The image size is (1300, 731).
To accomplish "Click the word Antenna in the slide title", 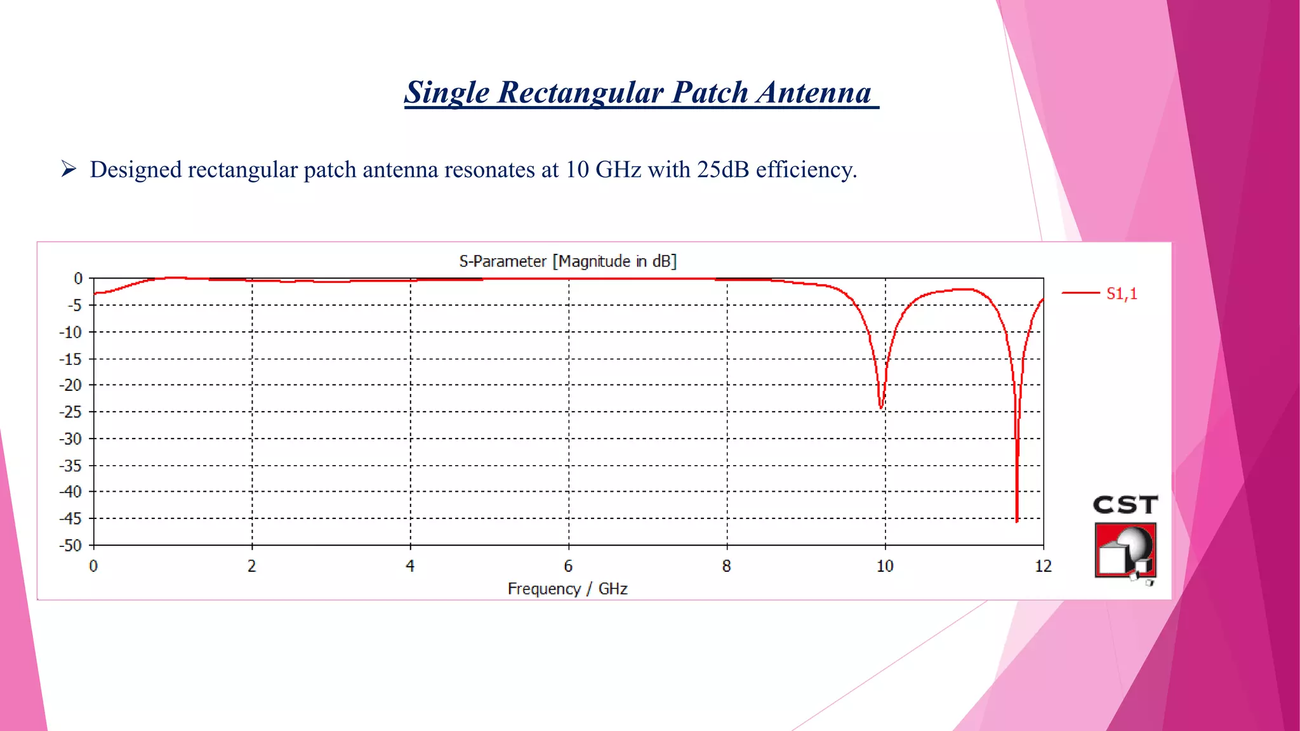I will [814, 93].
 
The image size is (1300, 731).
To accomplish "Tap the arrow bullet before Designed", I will [69, 169].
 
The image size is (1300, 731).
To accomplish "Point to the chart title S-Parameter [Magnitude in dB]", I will [567, 261].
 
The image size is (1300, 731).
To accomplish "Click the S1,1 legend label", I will [1122, 293].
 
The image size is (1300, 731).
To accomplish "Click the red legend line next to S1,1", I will [1080, 293].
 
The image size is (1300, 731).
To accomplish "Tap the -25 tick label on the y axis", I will [71, 412].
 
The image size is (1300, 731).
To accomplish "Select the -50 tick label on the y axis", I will [71, 546].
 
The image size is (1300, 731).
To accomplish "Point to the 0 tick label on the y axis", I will [78, 279].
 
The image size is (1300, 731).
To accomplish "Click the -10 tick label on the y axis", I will [71, 332].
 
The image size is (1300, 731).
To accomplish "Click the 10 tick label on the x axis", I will [885, 566].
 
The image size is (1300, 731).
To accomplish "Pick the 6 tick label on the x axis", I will [568, 566].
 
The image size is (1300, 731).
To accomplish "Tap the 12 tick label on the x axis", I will [1043, 566].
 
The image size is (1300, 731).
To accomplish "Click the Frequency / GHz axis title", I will [567, 589].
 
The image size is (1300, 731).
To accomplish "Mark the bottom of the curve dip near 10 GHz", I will [881, 407].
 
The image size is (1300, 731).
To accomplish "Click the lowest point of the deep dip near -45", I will [1017, 520].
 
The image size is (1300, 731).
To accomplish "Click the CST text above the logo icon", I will [1125, 505].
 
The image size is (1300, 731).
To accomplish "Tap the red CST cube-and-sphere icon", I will [1125, 550].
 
